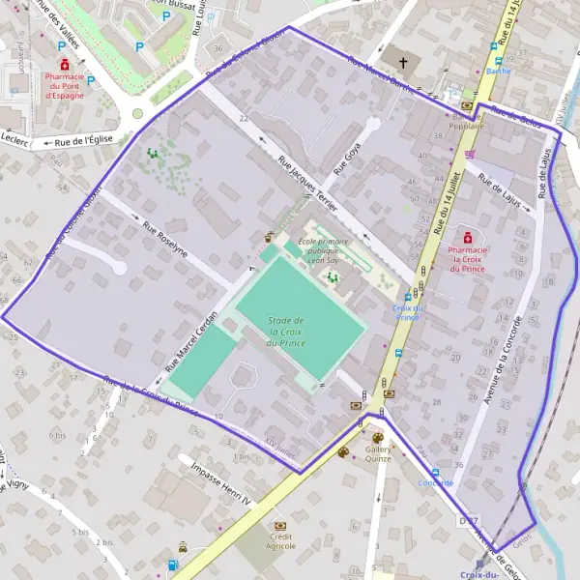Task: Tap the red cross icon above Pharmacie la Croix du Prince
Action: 468,236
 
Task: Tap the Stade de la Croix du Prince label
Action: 287,332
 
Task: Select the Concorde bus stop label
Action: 435,482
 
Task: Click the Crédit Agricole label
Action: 282,541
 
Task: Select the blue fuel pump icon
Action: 173,565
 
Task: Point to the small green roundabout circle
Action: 137,113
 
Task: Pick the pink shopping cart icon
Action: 470,154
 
